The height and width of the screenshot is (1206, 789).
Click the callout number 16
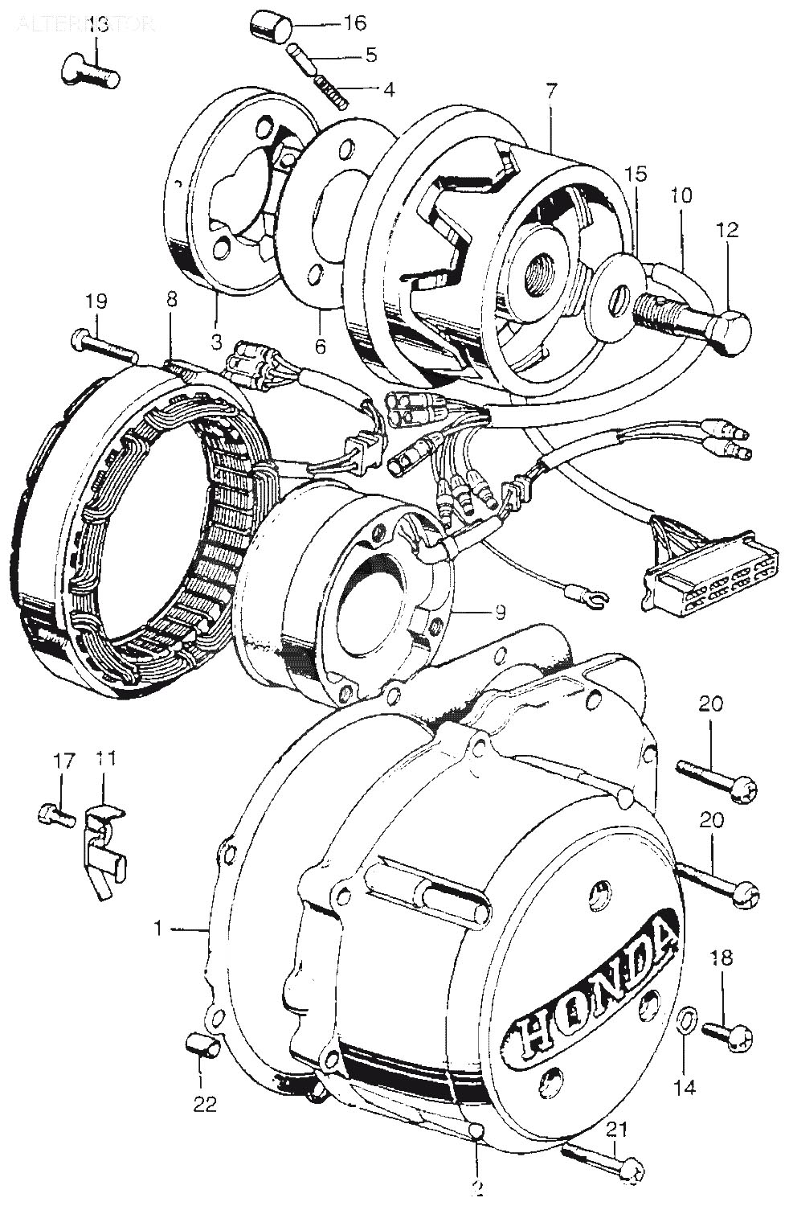click(x=355, y=23)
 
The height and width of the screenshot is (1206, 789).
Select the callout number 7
click(x=551, y=92)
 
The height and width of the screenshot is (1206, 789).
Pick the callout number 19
click(x=96, y=302)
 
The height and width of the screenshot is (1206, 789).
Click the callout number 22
click(x=205, y=1105)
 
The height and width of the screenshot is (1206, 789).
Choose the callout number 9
click(x=499, y=613)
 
